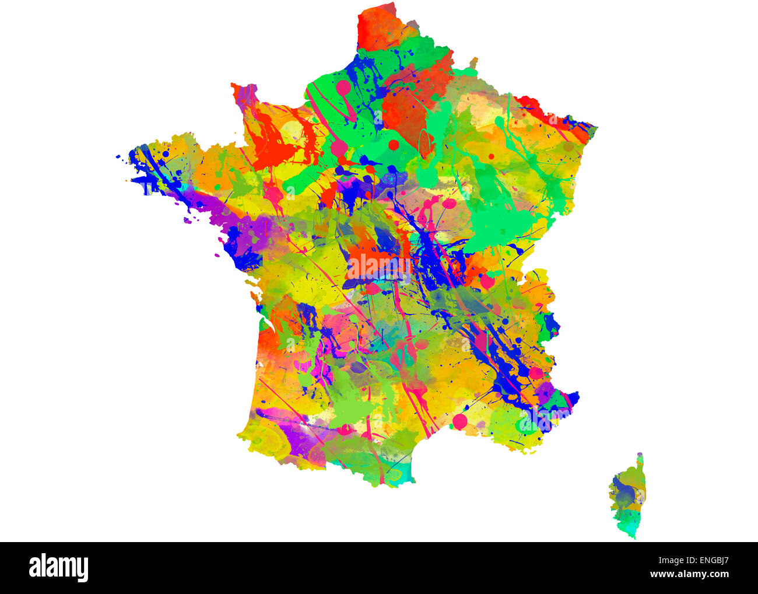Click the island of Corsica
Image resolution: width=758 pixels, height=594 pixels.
[626, 496]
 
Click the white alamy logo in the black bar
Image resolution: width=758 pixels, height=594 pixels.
[58, 568]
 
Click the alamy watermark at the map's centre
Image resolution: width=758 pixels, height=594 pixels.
[379, 266]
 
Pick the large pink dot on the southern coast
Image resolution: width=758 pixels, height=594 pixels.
[459, 421]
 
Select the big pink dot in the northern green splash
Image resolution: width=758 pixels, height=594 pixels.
[343, 86]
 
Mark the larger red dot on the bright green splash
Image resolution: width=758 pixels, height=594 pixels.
[394, 145]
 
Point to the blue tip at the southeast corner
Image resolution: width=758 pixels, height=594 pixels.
[574, 398]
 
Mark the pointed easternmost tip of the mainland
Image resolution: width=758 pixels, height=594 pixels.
[595, 126]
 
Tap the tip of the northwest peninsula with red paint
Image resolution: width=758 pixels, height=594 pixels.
[236, 88]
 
